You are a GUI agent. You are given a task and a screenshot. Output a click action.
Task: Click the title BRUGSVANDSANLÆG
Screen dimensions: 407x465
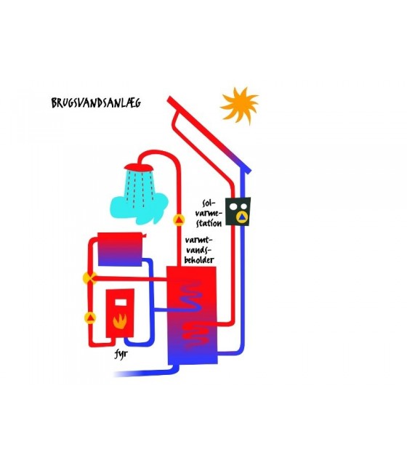coord(96,102)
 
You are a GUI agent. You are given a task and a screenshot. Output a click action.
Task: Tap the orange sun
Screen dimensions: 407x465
coord(239,105)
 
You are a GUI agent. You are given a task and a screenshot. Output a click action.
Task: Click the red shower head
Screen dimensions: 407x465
coord(139,167)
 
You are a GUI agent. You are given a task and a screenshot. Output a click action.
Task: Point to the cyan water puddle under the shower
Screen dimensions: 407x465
coord(139,208)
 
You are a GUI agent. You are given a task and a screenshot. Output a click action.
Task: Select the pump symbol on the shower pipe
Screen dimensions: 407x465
coord(179,220)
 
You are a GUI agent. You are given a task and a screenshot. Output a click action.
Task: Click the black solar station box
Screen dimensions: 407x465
coord(238,211)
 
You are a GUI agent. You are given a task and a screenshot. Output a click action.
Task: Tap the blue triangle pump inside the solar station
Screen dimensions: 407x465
coord(242,217)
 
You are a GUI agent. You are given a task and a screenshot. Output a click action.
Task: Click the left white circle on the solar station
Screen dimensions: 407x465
coord(234,206)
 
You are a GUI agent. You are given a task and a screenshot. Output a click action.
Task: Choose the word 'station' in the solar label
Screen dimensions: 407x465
coord(209,223)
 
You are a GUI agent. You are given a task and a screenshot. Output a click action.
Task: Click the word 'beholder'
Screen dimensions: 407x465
coord(199,260)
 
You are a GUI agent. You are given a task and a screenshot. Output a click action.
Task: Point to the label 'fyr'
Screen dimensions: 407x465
coord(121,354)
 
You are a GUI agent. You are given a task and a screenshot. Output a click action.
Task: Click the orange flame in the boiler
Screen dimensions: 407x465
coord(120,321)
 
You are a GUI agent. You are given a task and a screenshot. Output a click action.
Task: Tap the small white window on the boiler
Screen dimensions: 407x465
coord(121,302)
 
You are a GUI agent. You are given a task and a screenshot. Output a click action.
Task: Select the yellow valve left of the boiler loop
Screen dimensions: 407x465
coord(89,278)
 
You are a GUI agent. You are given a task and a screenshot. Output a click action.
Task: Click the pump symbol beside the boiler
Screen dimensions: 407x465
coord(90,318)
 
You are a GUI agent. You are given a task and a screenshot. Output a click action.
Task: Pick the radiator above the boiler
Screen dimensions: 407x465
coord(120,249)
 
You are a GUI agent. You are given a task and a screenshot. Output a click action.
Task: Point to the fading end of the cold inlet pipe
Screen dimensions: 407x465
coord(117,374)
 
